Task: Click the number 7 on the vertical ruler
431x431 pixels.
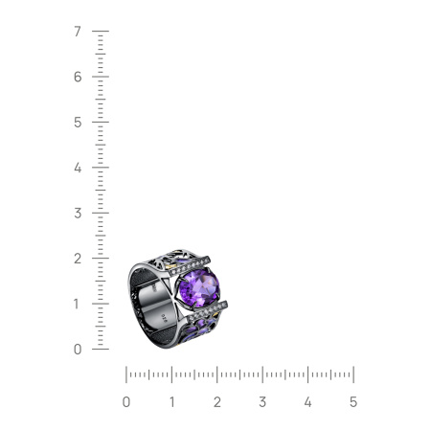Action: click(x=78, y=32)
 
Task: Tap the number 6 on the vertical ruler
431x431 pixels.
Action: click(x=78, y=77)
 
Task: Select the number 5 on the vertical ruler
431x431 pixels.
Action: click(x=78, y=123)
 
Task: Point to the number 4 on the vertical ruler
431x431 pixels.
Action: click(x=78, y=168)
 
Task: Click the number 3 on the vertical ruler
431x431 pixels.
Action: click(x=78, y=213)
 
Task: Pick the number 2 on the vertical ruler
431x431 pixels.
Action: click(x=78, y=259)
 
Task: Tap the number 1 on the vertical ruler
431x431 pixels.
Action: click(x=77, y=304)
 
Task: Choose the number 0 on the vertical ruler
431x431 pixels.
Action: click(x=78, y=350)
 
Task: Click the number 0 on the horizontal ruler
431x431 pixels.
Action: click(x=126, y=402)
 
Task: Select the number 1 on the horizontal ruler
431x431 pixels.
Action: click(x=172, y=402)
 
